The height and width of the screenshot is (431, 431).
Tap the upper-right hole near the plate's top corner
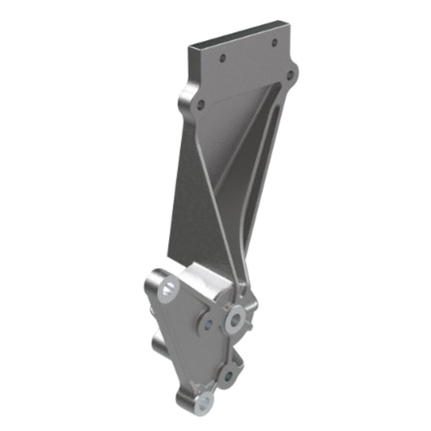click(275, 42)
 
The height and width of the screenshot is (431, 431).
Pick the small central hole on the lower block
click(209, 326)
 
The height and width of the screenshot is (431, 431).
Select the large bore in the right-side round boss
click(235, 321)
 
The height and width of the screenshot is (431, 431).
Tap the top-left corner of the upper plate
click(191, 47)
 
